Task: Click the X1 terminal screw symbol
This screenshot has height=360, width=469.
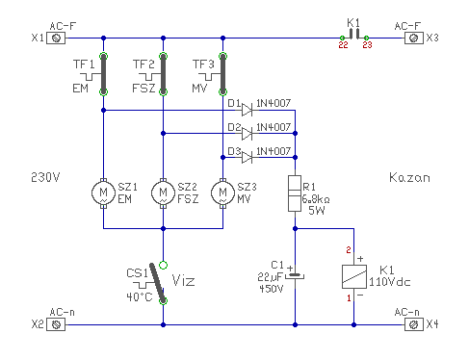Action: pos(56,39)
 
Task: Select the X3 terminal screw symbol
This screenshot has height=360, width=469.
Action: pos(414,39)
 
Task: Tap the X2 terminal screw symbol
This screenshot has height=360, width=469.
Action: pos(56,324)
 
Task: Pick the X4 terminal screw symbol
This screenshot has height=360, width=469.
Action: pos(414,324)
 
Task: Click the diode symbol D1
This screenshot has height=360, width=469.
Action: pos(247,110)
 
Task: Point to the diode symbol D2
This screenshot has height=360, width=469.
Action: pos(247,134)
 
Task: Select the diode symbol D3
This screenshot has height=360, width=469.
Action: pos(247,157)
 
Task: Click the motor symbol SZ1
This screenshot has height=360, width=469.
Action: pos(103,193)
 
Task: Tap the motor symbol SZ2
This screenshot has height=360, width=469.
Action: pos(163,193)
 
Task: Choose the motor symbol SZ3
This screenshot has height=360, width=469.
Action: pos(222,193)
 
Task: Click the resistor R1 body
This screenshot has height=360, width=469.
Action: pos(295,193)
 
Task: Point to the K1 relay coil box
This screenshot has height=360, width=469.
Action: pos(354,276)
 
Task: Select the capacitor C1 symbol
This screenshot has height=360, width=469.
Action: pos(295,275)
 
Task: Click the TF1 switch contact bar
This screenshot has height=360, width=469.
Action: pos(103,74)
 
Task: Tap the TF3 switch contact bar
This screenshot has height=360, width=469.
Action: pos(222,74)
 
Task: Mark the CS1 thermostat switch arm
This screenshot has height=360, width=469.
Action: pos(158,283)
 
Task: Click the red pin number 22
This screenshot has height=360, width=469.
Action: pos(343,45)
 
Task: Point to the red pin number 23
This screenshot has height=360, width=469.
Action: pos(367,45)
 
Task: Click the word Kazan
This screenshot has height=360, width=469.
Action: pos(409,177)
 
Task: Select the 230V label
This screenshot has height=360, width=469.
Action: pos(45,177)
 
